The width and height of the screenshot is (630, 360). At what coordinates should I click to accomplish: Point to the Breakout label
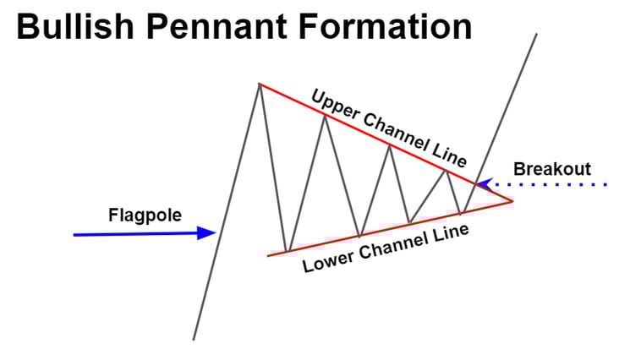tap(552, 169)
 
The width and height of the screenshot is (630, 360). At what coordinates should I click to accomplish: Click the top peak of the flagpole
tap(259, 84)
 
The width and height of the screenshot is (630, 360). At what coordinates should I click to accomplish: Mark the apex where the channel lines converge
tap(512, 201)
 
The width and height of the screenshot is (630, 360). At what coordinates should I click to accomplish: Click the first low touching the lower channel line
tap(288, 251)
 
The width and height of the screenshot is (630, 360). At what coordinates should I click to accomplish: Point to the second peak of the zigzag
tap(324, 115)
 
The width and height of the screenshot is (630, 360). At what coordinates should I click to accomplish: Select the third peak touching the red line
tap(389, 145)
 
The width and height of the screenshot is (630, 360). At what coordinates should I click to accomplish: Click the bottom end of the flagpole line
tap(194, 339)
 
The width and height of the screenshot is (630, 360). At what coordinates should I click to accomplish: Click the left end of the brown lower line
tap(267, 255)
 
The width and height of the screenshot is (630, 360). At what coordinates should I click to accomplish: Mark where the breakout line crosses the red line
tap(476, 184)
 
